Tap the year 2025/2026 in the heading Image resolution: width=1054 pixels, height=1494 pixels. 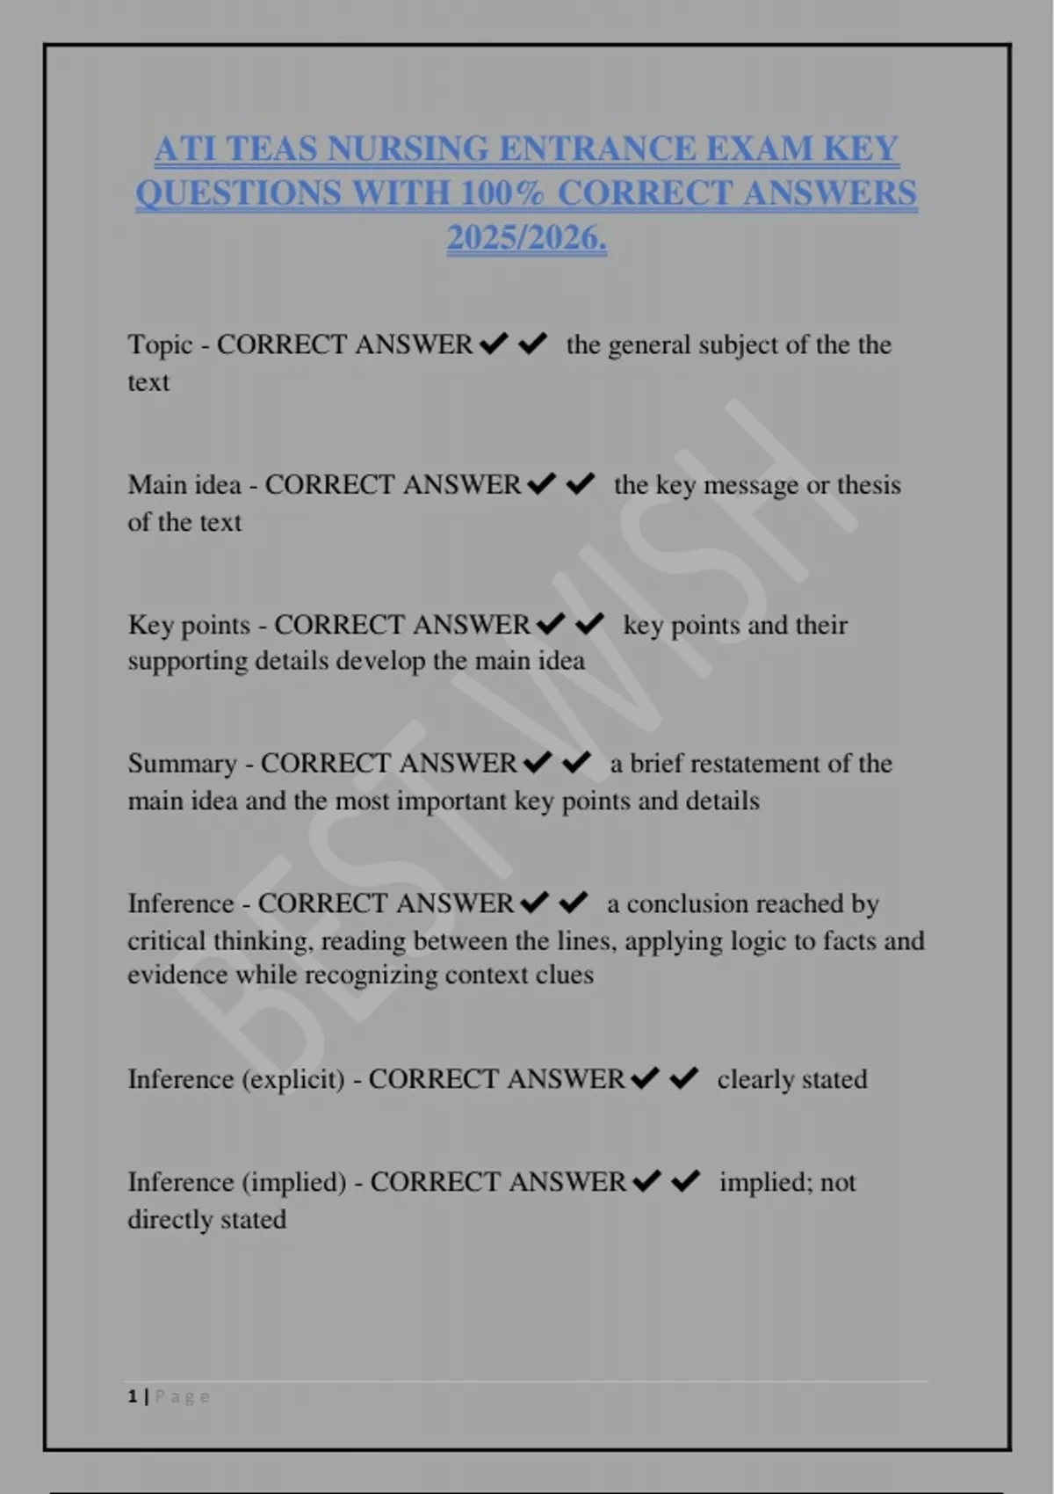(x=526, y=238)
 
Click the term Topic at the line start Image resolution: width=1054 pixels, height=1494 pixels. (x=160, y=344)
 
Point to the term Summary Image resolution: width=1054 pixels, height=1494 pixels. (x=182, y=764)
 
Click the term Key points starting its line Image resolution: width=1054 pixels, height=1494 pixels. (x=189, y=625)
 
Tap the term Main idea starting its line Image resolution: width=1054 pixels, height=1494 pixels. (x=184, y=485)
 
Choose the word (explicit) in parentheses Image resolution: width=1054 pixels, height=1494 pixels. (x=292, y=1079)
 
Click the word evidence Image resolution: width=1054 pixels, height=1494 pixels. (x=177, y=975)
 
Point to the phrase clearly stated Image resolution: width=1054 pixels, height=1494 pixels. (x=791, y=1079)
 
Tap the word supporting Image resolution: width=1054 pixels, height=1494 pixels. (x=187, y=661)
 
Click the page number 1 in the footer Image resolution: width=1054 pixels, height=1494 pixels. (x=133, y=1396)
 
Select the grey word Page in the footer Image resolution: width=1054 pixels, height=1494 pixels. (x=183, y=1396)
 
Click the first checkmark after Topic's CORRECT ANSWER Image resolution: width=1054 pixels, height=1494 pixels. (x=495, y=343)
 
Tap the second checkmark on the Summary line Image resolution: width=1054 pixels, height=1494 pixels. (x=576, y=762)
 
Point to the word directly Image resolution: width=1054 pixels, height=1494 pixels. (x=167, y=1220)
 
